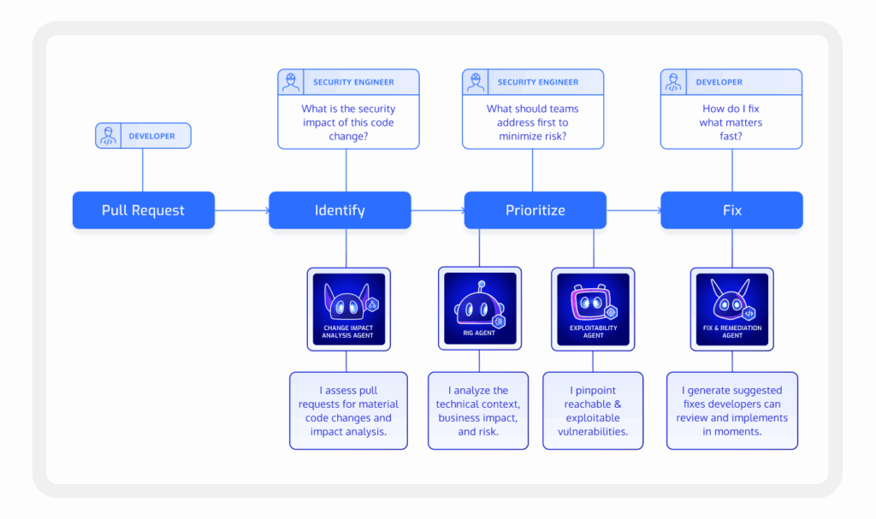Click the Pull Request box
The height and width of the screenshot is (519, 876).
click(x=143, y=210)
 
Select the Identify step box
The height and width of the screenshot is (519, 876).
click(x=340, y=210)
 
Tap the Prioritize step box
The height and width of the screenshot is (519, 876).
click(x=535, y=210)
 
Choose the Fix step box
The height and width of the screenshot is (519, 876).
click(x=731, y=210)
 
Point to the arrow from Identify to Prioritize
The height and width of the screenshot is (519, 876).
click(x=437, y=210)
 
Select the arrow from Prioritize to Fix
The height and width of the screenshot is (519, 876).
click(x=633, y=210)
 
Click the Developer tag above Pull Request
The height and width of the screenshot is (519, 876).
click(x=143, y=136)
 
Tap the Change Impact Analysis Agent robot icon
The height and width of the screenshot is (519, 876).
click(x=348, y=308)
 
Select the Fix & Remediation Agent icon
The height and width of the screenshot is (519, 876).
click(x=731, y=308)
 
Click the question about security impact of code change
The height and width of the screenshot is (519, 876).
click(x=348, y=122)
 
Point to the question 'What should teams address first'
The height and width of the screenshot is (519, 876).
click(x=532, y=122)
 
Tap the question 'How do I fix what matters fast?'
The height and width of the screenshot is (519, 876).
click(x=731, y=122)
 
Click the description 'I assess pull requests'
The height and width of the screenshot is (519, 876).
click(x=348, y=410)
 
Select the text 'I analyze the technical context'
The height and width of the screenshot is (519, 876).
click(x=479, y=410)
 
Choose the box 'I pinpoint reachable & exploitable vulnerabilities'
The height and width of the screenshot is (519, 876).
click(x=593, y=410)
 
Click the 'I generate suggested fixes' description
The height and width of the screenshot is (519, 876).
click(x=731, y=410)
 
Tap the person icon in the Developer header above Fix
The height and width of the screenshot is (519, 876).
click(x=673, y=83)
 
